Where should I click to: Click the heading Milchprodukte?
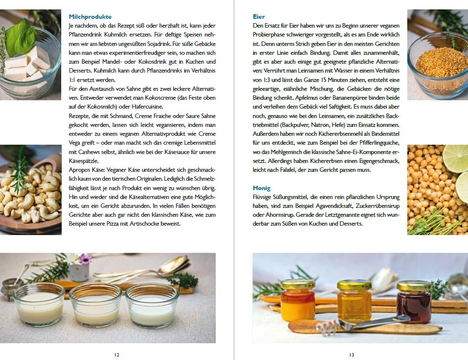tap(90, 16)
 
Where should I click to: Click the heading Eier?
tap(259, 16)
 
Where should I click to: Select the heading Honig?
tap(262, 188)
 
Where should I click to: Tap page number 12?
tap(117, 355)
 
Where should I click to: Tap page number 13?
tap(351, 355)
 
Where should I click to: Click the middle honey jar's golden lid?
tap(354, 285)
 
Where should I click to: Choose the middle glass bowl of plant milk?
tap(95, 305)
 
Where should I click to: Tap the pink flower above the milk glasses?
tap(85, 258)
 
